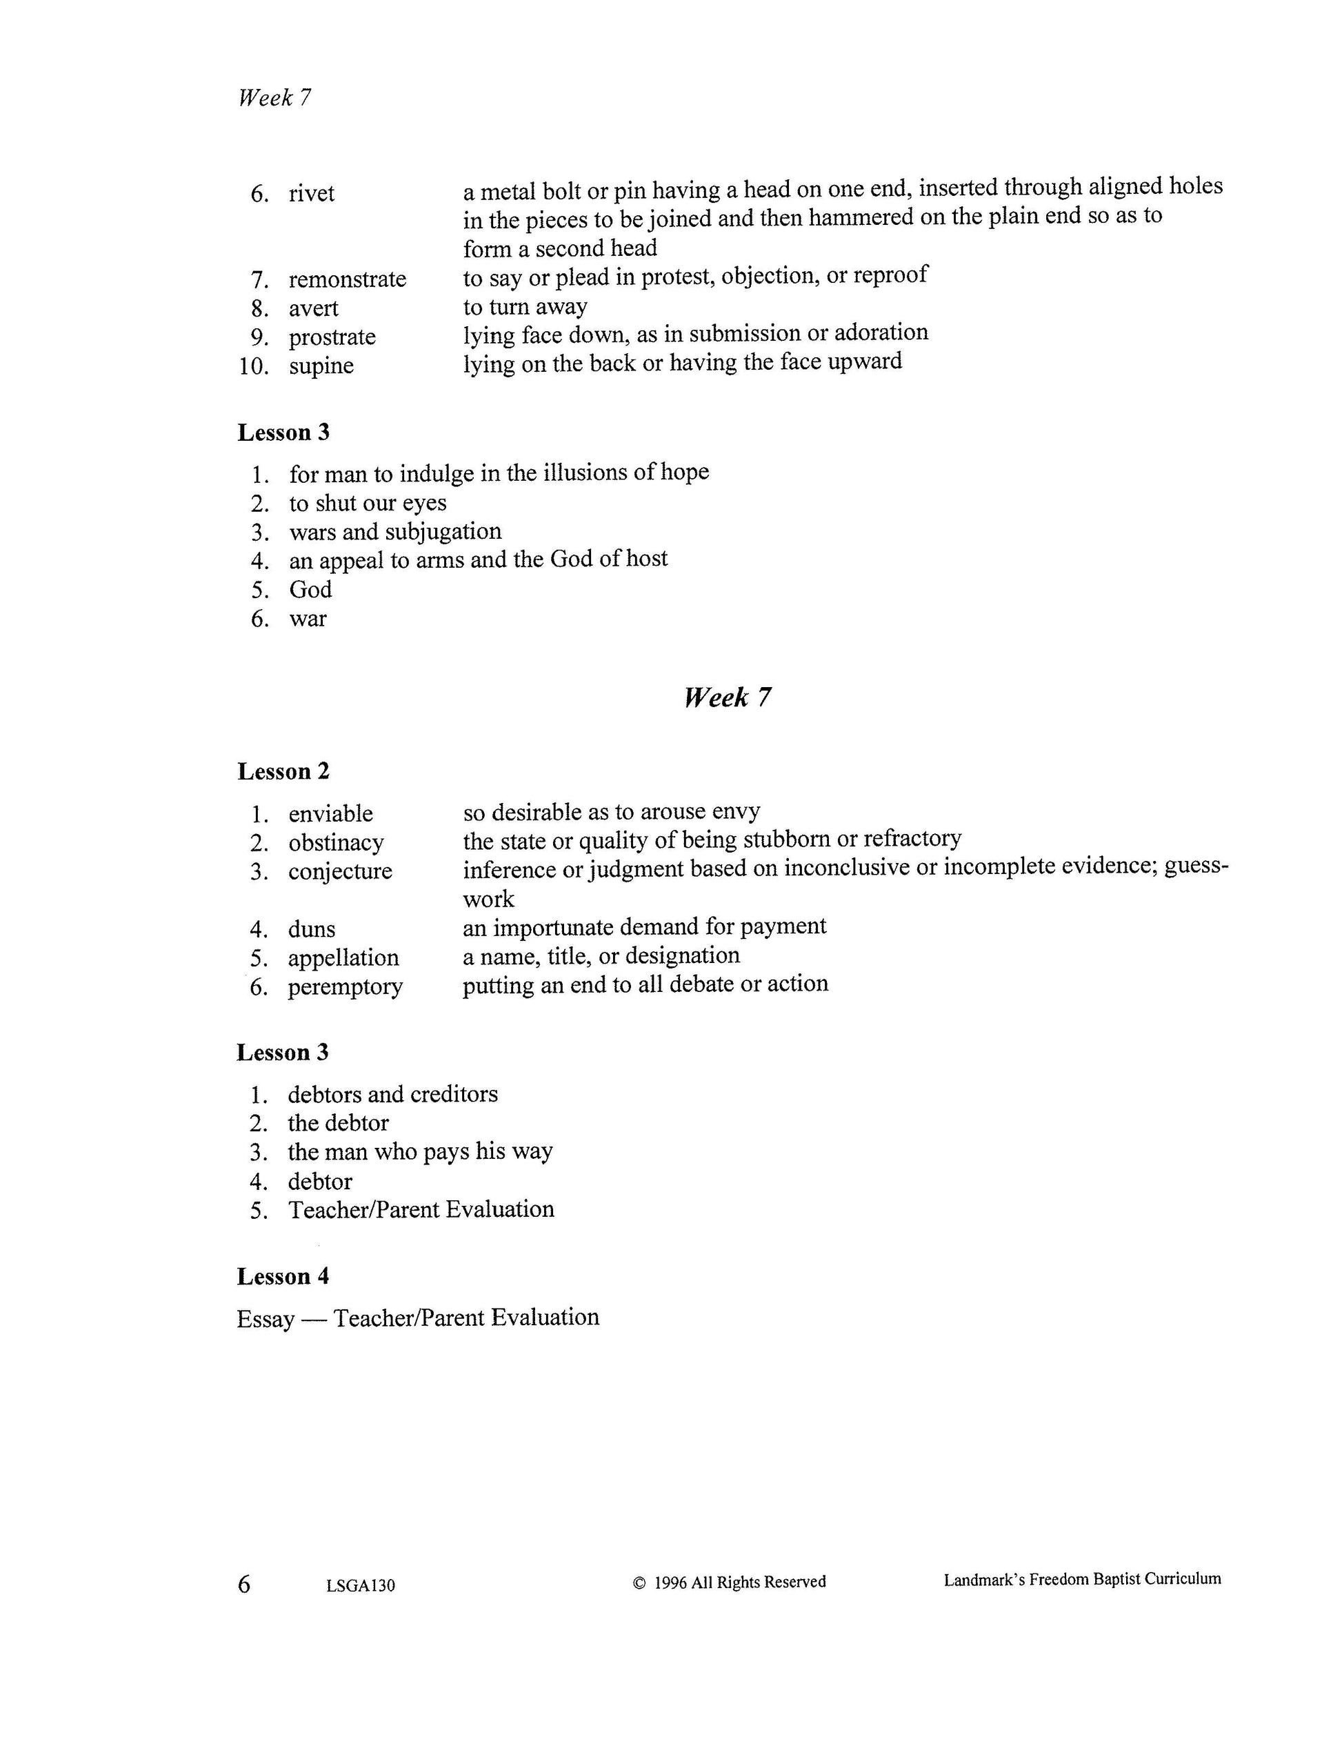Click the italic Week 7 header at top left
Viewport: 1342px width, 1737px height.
pos(274,98)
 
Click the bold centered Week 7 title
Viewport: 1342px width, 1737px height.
pos(727,697)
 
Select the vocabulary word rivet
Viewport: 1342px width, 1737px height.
pos(312,193)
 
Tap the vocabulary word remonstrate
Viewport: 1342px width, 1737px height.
pos(347,279)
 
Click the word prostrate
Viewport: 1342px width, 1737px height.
pos(332,337)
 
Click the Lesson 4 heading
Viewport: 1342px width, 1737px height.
pos(283,1276)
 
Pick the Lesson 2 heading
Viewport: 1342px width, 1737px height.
pos(283,771)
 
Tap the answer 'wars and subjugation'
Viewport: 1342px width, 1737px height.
pos(395,531)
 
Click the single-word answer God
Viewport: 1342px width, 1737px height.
pos(310,589)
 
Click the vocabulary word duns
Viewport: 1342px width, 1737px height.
pos(312,929)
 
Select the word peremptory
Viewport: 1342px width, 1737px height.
pos(345,987)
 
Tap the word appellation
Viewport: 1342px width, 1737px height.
pos(343,957)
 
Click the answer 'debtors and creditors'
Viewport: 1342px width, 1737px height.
pos(393,1094)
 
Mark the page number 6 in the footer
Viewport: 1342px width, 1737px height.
pos(244,1585)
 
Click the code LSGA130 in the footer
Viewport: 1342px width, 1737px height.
pos(360,1586)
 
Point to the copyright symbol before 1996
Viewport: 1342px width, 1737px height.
pos(639,1583)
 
